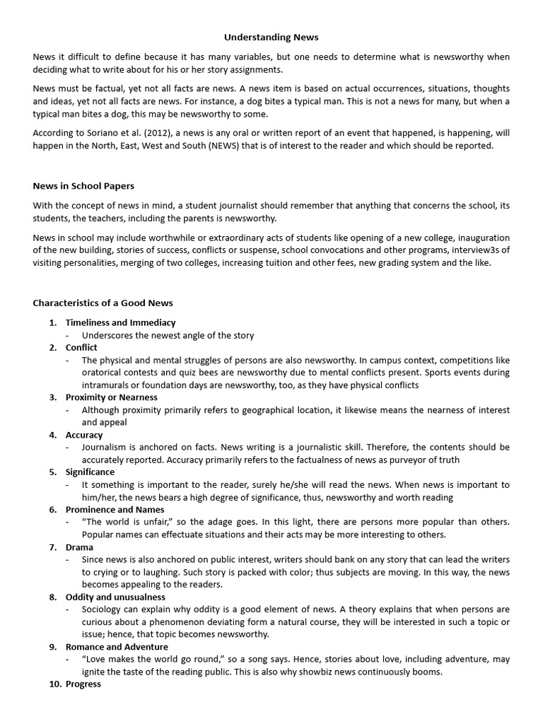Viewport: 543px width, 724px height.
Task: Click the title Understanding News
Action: coord(271,37)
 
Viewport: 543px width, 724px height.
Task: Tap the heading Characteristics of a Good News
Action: coord(103,303)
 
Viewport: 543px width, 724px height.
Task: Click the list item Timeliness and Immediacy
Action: coord(120,322)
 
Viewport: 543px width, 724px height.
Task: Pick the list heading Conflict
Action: coord(81,347)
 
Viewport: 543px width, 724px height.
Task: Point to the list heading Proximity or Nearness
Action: coord(112,397)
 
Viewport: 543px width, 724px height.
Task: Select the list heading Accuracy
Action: coord(84,435)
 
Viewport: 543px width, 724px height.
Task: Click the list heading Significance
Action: coord(90,472)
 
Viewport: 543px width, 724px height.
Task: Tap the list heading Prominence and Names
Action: coord(115,509)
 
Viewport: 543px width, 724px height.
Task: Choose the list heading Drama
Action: coord(79,547)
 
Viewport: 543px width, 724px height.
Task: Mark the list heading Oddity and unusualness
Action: coord(116,597)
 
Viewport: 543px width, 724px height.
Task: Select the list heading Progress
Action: coord(83,684)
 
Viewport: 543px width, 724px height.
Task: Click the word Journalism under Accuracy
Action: coord(106,447)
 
